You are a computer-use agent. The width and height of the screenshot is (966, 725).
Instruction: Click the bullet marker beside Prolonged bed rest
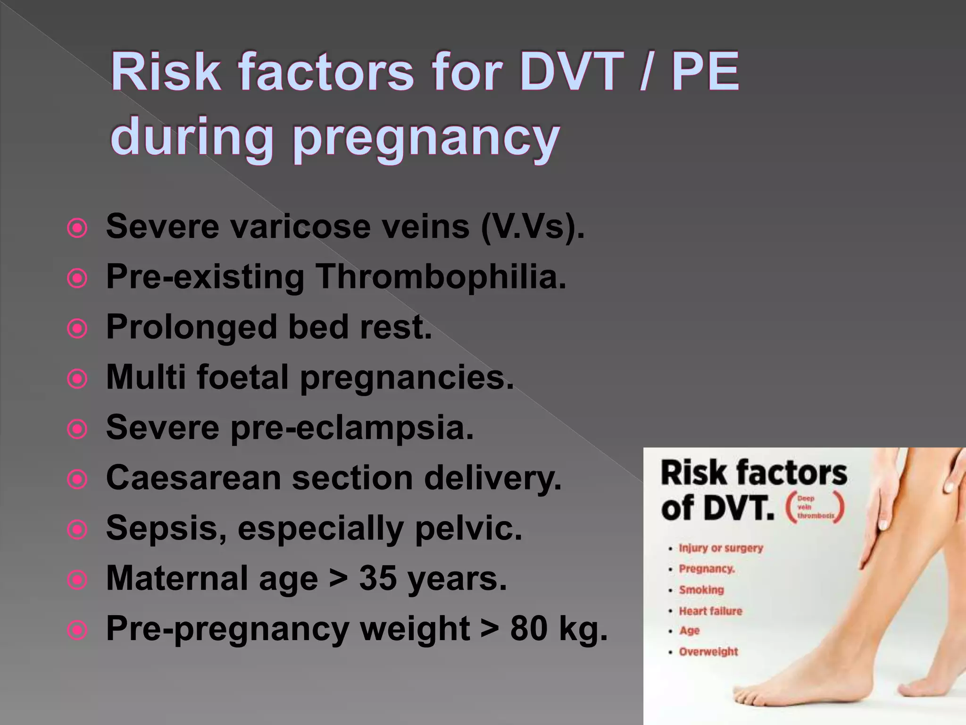tap(77, 329)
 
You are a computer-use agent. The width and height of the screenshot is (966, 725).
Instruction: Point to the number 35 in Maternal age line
tap(378, 579)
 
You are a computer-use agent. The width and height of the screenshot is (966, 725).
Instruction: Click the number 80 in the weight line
tap(529, 629)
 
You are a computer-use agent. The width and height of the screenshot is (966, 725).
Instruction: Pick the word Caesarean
tap(193, 478)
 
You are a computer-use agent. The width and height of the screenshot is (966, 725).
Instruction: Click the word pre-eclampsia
tap(351, 428)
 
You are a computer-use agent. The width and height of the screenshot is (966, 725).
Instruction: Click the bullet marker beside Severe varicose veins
tap(77, 229)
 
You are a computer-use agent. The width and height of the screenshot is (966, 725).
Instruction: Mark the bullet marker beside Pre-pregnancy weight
tap(77, 630)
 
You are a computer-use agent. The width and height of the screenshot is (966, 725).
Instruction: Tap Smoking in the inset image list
tap(701, 590)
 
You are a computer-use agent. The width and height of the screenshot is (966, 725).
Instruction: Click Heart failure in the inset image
tap(710, 611)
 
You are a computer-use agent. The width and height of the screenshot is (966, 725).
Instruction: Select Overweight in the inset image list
tap(708, 652)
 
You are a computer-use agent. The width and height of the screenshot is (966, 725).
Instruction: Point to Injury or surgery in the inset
tap(721, 548)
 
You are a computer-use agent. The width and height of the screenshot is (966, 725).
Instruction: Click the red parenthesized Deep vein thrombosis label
tap(815, 507)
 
